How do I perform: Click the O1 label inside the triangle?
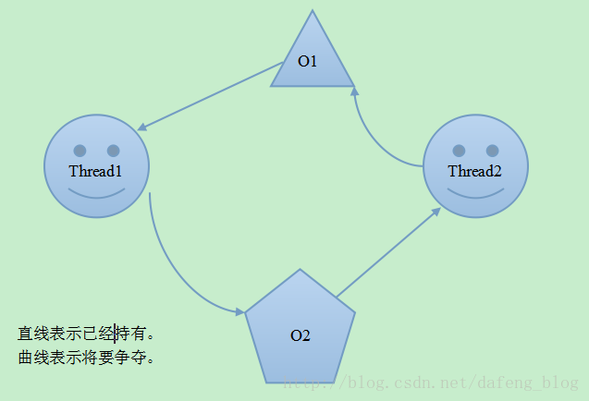pos(307,61)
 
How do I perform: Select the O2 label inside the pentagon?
pos(301,335)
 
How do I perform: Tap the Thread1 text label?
pos(95,171)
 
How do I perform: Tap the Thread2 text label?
pos(475,171)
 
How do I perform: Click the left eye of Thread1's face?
pos(80,151)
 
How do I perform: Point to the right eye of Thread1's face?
pos(114,151)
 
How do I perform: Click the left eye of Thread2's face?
pos(459,151)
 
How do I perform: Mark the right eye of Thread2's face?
pos(493,151)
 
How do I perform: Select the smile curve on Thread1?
pos(96,197)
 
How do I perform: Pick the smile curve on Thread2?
pos(475,197)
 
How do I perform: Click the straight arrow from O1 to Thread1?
pos(211,96)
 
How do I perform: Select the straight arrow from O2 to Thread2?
pos(388,252)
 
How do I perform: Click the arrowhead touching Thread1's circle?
pos(142,128)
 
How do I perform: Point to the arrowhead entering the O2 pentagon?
pos(240,311)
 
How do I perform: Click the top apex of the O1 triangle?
pos(313,10)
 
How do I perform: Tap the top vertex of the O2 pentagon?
pos(300,269)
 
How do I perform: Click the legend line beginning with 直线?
pos(86,334)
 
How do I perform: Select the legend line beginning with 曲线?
pos(86,357)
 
